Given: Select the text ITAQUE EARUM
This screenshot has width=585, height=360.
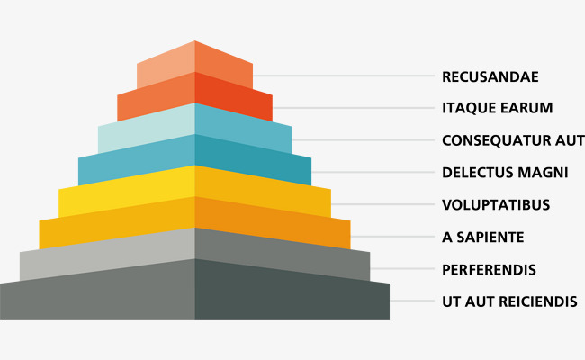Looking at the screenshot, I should [x=497, y=108].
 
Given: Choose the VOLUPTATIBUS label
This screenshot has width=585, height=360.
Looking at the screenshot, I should [x=496, y=204].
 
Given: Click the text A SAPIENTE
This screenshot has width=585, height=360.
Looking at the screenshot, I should [x=483, y=237].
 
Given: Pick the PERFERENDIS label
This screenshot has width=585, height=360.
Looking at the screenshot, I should [x=489, y=269].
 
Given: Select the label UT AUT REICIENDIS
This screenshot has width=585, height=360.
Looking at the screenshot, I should [x=509, y=301].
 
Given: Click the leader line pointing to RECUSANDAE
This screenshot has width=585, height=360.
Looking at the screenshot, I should [x=342, y=76].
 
